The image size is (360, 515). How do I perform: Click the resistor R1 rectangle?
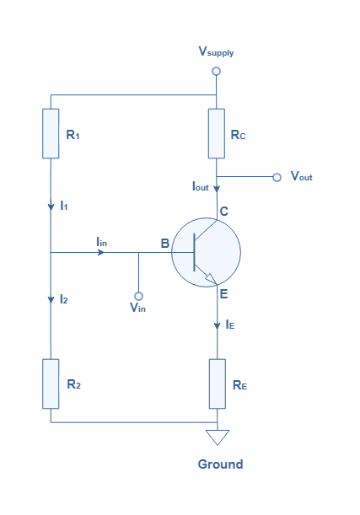pos(51,133)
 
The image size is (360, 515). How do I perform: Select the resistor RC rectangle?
pos(217,133)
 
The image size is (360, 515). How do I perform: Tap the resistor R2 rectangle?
pos(51,384)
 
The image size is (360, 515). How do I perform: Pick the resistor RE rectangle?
pos(218,384)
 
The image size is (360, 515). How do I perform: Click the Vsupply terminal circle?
pos(216,71)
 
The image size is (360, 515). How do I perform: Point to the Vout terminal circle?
pos(277,177)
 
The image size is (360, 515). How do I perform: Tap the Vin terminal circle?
pos(138,296)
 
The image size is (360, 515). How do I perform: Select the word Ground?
pos(220,464)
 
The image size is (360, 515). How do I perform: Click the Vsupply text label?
pos(216,51)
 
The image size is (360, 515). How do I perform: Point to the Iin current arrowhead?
pos(101,252)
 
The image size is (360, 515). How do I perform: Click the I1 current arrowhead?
pos(51,207)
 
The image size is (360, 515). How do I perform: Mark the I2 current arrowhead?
pos(51,299)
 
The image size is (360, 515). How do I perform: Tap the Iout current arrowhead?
pos(217,189)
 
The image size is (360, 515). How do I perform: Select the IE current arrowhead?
pos(218,326)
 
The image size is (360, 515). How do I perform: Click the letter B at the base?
pos(165,244)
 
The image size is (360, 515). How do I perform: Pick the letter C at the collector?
pos(224,212)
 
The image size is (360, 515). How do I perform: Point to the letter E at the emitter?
pos(223,293)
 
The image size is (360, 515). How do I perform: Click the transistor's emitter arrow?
pos(211,278)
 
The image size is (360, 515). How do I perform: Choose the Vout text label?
pos(302,176)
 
